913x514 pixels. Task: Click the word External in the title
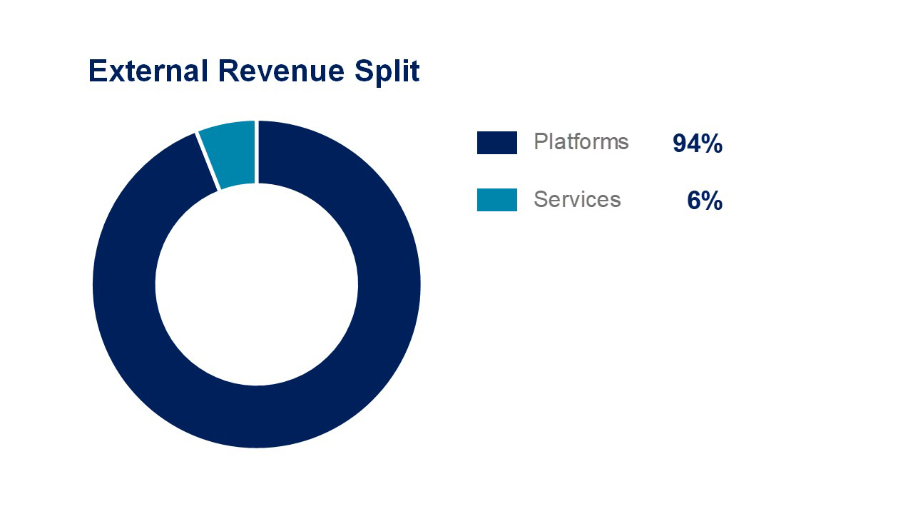pos(148,71)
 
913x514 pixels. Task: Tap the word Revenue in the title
pos(275,71)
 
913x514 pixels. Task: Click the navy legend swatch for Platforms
pos(497,143)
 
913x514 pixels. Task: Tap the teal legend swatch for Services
pos(497,200)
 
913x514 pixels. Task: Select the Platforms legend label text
pos(581,142)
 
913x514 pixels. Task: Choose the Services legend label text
pos(577,199)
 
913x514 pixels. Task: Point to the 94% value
pos(697,144)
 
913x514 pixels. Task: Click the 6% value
pos(704,201)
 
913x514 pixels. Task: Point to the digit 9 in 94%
pos(680,144)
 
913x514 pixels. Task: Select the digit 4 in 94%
pos(693,144)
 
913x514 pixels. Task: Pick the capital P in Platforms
pos(540,141)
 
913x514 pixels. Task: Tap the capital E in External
pos(96,71)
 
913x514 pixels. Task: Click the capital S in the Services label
pos(540,199)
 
